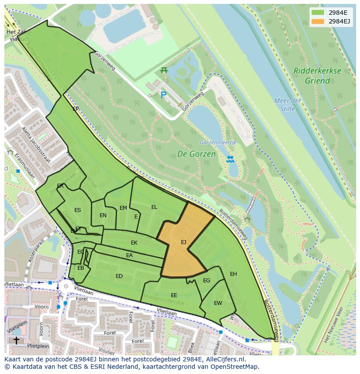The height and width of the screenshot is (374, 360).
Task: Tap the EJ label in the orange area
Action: [x=183, y=242]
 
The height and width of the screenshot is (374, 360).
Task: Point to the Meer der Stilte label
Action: [x=287, y=105]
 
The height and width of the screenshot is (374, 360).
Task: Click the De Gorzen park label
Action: [x=196, y=154]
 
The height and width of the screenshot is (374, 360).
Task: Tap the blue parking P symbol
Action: [x=163, y=95]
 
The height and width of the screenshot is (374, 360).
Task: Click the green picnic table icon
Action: [x=164, y=70]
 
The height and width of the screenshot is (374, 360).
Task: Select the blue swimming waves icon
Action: [x=230, y=159]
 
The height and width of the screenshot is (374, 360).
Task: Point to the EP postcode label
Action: [x=76, y=109]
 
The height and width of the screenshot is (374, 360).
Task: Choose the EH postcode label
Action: [x=233, y=274]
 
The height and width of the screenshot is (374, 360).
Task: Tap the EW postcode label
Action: [x=218, y=303]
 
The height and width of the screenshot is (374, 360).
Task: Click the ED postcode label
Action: [x=119, y=276]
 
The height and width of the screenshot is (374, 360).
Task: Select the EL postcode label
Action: [x=154, y=207]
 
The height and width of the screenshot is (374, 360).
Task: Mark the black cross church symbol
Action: [x=16, y=340]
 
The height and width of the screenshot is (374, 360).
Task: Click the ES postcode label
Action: [x=77, y=210]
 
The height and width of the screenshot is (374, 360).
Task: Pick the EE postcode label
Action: [x=174, y=295]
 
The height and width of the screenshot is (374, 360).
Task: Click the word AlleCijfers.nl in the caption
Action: [x=224, y=360]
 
